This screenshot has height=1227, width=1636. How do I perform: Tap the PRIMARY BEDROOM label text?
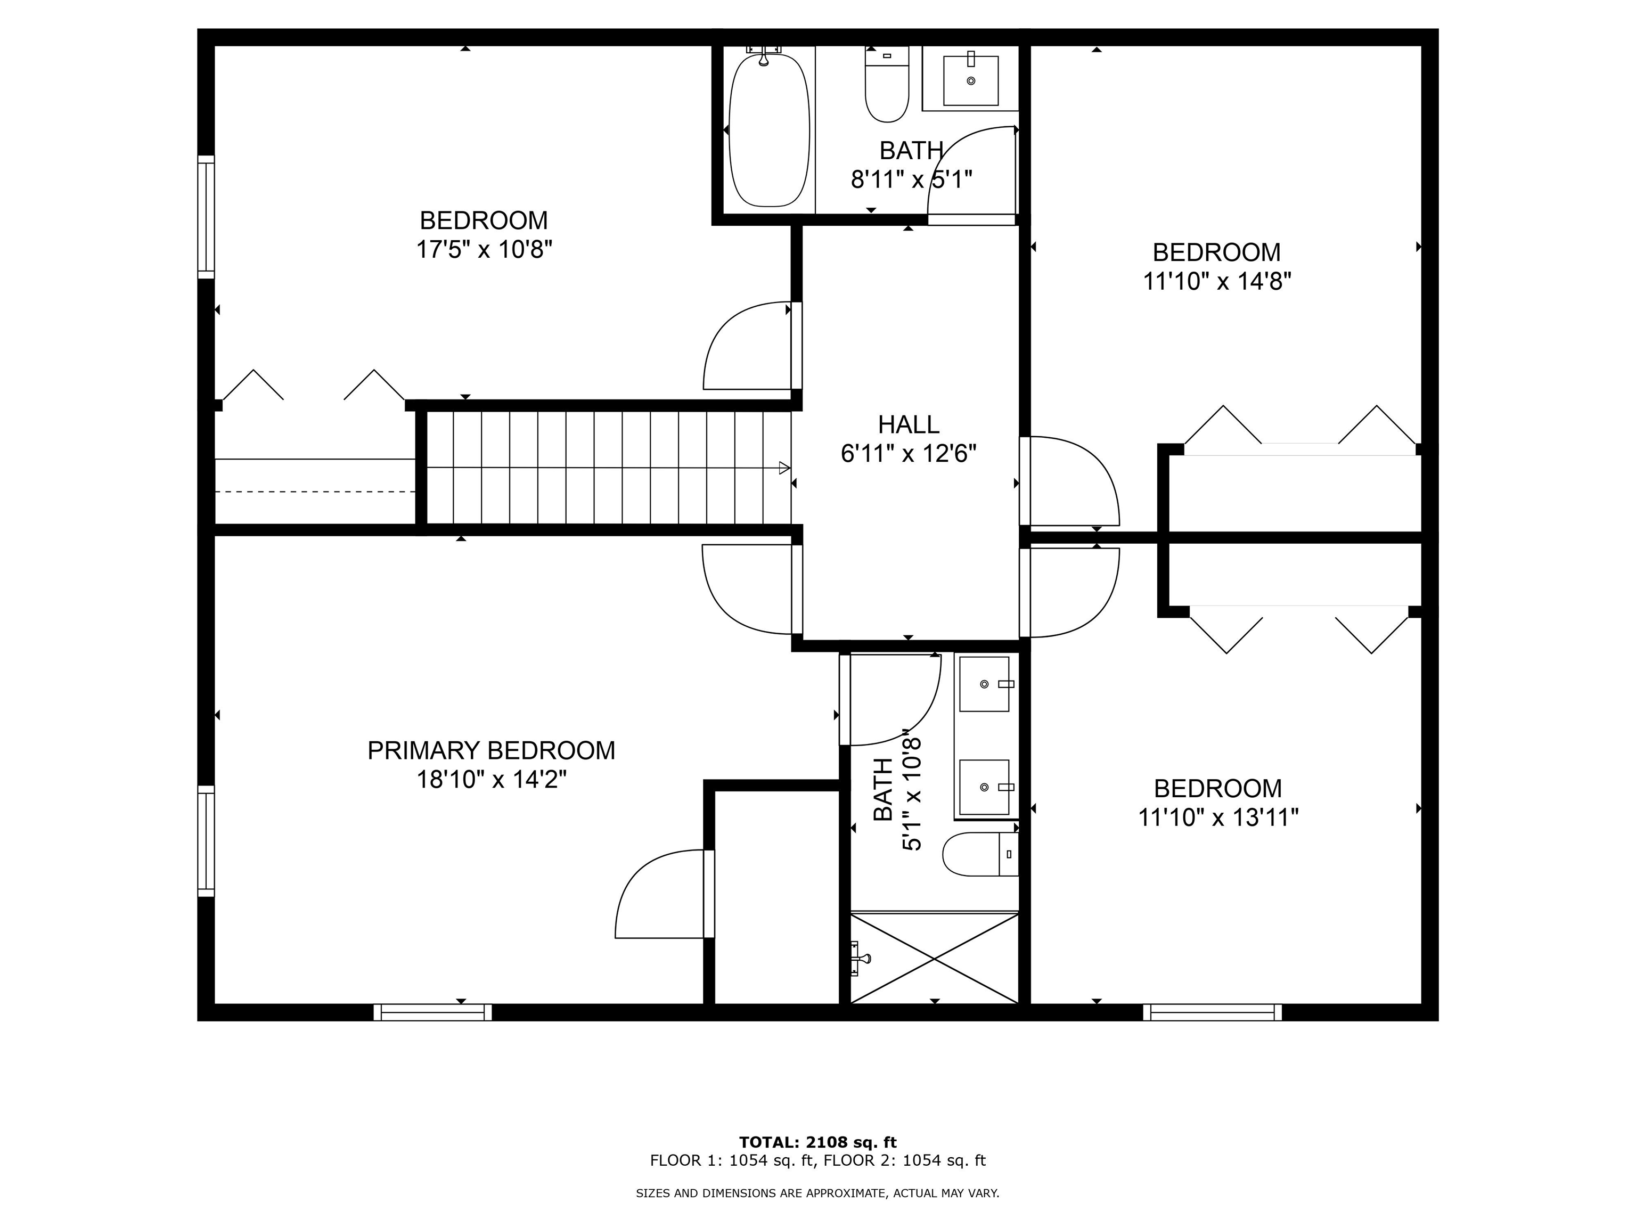pyautogui.click(x=491, y=751)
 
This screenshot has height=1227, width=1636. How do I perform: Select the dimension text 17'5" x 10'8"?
pyautogui.click(x=485, y=250)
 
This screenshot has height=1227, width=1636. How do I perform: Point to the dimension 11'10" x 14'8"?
pyautogui.click(x=1217, y=282)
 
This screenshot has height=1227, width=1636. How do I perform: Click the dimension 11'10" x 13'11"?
pyautogui.click(x=1218, y=817)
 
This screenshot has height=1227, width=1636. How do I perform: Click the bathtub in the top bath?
pyautogui.click(x=768, y=130)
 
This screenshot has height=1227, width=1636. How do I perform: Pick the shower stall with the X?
pyautogui.click(x=935, y=959)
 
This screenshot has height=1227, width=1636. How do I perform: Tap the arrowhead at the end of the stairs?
pyautogui.click(x=785, y=468)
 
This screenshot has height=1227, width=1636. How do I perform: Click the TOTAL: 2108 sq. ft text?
pyautogui.click(x=817, y=1143)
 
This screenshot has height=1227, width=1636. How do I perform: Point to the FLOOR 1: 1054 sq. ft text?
pyautogui.click(x=732, y=1160)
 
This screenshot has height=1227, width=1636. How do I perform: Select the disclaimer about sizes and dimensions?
pyautogui.click(x=817, y=1193)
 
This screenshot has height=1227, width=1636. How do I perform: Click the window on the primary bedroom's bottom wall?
pyautogui.click(x=432, y=1012)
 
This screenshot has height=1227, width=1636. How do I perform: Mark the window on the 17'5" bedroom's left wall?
pyautogui.click(x=206, y=217)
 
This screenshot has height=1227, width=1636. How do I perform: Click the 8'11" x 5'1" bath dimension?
pyautogui.click(x=911, y=179)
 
